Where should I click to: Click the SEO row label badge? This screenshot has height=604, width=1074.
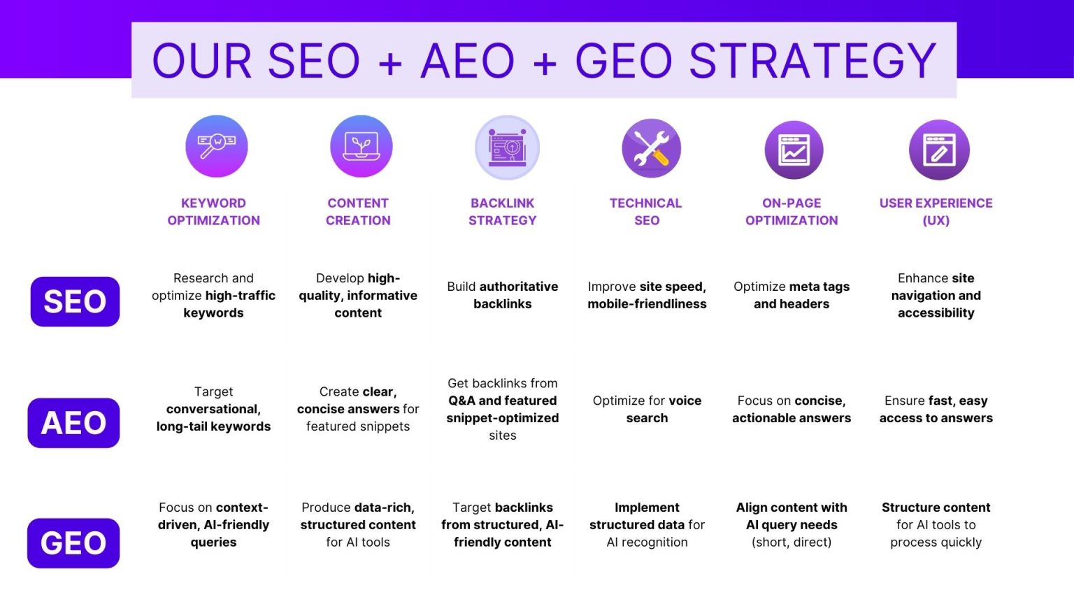click(75, 301)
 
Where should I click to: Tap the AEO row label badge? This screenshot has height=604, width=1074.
click(73, 423)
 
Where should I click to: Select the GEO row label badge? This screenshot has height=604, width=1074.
click(73, 543)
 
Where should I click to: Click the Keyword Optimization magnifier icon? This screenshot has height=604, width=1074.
click(217, 146)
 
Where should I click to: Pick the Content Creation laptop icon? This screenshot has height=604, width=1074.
click(361, 146)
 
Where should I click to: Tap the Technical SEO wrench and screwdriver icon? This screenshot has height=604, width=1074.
click(651, 148)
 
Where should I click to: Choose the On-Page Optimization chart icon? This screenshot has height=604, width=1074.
click(794, 150)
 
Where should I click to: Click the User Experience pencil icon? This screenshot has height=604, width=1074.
click(939, 150)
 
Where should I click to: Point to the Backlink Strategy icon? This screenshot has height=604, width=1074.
click(507, 148)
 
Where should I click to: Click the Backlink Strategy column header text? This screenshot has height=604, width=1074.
click(503, 211)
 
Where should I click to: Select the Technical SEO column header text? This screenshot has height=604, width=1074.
click(646, 211)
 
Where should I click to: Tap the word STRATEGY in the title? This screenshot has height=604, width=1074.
click(812, 61)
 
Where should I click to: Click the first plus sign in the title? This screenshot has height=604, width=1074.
click(390, 63)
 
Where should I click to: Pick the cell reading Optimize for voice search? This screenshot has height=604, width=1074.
click(647, 409)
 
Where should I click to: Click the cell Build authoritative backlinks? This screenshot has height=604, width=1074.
click(503, 295)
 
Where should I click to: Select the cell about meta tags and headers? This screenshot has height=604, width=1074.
click(792, 295)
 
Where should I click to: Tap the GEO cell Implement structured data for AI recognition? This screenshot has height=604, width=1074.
click(647, 524)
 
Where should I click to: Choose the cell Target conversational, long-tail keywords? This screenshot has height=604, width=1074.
click(213, 409)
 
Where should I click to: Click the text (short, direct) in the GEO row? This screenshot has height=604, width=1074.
click(792, 542)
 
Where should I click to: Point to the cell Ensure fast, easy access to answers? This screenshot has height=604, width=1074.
click(936, 409)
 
